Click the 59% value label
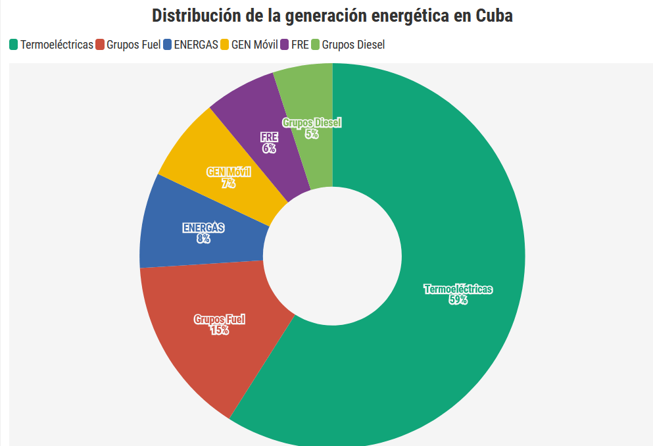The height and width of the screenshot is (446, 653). tap(458, 300)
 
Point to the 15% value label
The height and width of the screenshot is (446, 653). tap(219, 330)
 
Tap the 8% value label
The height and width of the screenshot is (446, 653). tap(203, 239)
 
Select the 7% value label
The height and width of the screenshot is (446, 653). tap(228, 184)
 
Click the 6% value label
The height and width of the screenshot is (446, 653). tap(269, 149)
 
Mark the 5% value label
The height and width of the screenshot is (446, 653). tap(312, 134)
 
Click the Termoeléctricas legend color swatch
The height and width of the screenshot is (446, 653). tap(13, 45)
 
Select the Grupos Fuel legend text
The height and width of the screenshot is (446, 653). tap(133, 45)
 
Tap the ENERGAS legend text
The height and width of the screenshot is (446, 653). tap(196, 45)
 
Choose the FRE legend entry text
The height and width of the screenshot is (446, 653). tap(300, 45)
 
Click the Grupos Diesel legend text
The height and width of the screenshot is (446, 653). tap(353, 45)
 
